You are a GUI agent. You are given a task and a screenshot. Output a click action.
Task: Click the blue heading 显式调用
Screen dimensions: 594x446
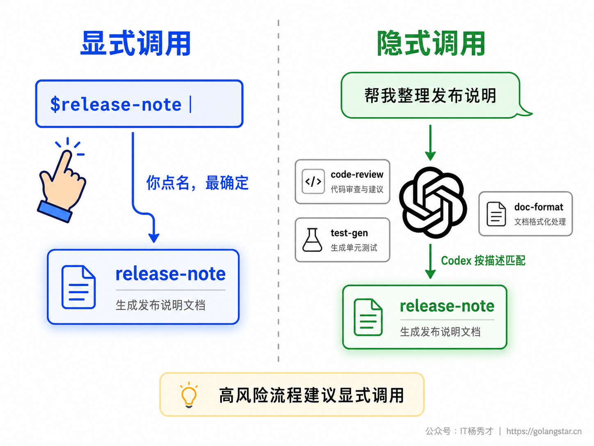pos(136,44)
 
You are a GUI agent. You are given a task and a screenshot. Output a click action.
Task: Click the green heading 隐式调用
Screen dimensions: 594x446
pos(431,44)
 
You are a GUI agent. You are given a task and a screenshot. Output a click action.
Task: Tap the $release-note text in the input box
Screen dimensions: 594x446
pos(116,105)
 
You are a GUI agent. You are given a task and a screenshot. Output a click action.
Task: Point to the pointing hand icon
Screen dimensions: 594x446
pos(62,180)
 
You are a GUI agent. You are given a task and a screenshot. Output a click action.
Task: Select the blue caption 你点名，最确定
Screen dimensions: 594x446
pos(197,183)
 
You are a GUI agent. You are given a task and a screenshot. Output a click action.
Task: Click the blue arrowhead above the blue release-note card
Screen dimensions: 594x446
pos(154,237)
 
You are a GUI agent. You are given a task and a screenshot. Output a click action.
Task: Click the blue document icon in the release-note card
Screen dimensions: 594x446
pos(78,287)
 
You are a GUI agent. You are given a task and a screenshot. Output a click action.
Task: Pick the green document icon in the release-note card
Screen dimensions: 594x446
pos(368,317)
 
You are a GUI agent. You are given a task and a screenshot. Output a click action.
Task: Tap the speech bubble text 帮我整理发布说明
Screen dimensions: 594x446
pos(430,96)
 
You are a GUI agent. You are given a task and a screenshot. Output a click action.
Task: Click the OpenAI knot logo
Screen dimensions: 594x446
pos(433,202)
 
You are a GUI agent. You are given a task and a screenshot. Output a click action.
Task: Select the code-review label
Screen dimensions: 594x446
pos(357,175)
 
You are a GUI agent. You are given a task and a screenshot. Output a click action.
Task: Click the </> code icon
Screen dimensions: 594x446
pos(313,182)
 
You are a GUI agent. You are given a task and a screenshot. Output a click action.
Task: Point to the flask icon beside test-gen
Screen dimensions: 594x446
pos(312,240)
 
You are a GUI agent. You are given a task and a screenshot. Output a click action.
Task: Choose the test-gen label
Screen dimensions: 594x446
pos(349,233)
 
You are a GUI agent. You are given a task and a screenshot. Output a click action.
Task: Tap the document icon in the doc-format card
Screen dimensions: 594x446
pos(496,214)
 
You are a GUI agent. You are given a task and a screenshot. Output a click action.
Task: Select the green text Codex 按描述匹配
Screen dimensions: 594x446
pos(483,261)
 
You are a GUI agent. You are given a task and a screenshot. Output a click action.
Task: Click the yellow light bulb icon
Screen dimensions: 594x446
pos(189,395)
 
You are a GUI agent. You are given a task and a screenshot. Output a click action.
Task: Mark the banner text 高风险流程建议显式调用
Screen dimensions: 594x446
pos(311,395)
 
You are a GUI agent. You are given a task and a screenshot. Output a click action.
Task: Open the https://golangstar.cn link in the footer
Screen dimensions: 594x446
pos(544,431)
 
